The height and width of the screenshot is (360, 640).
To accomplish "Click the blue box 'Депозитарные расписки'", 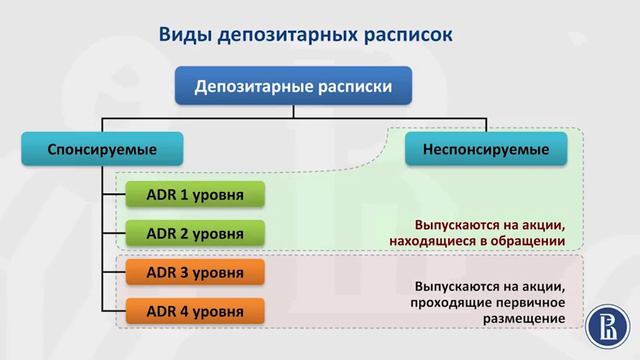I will [293, 87].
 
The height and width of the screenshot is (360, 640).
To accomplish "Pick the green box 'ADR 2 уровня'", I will [194, 233].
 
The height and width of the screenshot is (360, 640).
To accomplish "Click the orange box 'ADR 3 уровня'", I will [194, 272].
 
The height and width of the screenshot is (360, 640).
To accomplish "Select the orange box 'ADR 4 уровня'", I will [194, 311].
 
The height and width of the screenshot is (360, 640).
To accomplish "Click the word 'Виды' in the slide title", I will [185, 35].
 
